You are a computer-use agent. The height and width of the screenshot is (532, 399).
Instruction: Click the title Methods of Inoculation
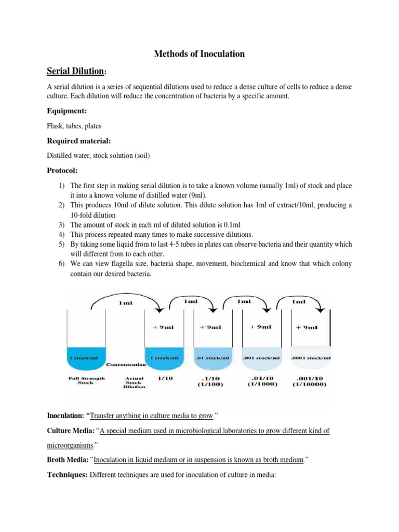click(x=200, y=54)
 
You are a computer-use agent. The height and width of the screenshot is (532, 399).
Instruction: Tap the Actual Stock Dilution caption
click(x=133, y=382)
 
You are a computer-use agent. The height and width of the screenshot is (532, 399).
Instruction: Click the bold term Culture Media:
click(x=72, y=431)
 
